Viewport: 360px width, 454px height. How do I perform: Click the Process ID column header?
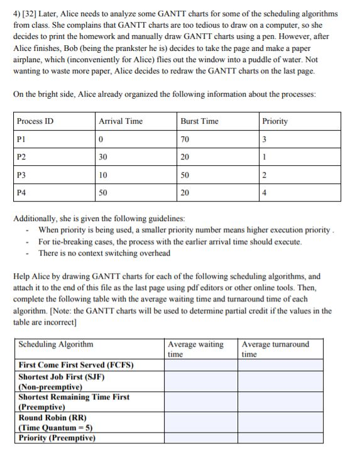click(x=35, y=121)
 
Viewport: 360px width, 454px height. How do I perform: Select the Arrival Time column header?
click(x=121, y=121)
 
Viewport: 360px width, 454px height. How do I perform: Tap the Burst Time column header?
click(x=199, y=121)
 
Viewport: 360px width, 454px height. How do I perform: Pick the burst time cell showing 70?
click(x=185, y=139)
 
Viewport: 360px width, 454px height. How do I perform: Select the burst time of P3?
click(x=185, y=175)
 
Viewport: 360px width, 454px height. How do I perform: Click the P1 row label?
click(x=22, y=139)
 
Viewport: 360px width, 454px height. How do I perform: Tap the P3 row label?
click(x=22, y=175)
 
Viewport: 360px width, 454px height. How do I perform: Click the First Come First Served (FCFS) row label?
click(x=76, y=365)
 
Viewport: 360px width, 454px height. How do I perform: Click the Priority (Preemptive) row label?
click(x=57, y=438)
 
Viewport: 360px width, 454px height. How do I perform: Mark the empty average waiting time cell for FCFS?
click(x=200, y=365)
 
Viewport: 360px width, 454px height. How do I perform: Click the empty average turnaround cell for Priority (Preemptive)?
click(x=289, y=438)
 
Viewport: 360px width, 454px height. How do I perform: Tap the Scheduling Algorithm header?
click(x=56, y=344)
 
